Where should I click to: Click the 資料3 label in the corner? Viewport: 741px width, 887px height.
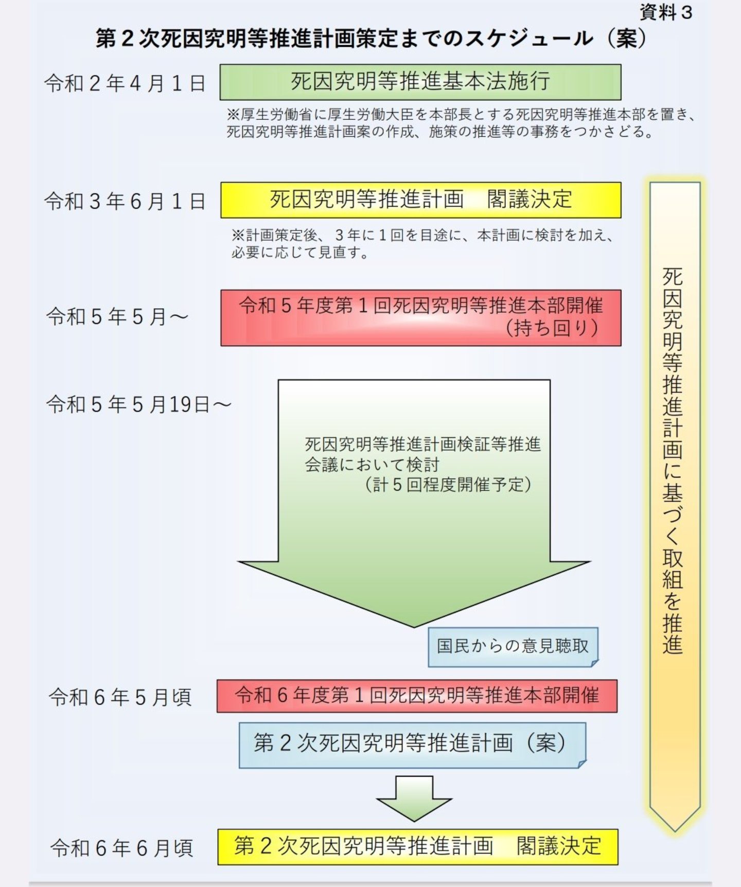tap(666, 12)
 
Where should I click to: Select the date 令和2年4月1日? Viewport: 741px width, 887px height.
tap(125, 83)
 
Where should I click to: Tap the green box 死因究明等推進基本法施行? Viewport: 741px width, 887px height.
tap(420, 82)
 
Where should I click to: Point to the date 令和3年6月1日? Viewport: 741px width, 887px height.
tap(125, 201)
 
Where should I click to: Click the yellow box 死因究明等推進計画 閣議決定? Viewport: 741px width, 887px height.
tap(420, 200)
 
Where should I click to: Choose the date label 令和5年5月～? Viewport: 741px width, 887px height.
tap(117, 316)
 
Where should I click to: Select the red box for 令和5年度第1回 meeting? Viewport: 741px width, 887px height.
tap(420, 317)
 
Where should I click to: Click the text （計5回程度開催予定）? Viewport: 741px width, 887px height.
tap(447, 485)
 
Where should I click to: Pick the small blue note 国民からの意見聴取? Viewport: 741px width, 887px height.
tap(513, 646)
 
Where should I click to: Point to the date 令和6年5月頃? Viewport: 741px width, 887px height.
tap(120, 697)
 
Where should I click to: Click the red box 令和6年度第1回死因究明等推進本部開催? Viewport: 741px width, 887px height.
tap(417, 696)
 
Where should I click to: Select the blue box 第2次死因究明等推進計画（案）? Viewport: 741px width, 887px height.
tap(412, 744)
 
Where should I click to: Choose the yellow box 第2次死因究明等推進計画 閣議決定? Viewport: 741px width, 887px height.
tap(417, 846)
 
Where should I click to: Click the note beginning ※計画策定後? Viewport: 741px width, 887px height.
tap(422, 244)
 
